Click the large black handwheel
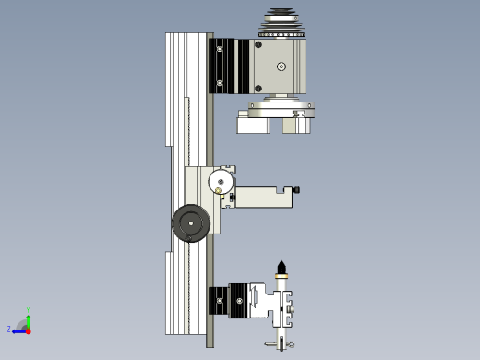(190, 223)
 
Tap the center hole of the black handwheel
(191, 222)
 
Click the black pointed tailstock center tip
(282, 268)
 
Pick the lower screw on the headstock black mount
(220, 84)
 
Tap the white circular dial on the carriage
(222, 181)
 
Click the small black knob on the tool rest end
(296, 190)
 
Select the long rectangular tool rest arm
(263, 197)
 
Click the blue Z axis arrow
(18, 330)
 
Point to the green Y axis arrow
(28, 318)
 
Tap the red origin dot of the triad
(28, 330)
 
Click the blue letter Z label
(9, 329)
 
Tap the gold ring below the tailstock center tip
(282, 277)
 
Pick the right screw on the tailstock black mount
(243, 300)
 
